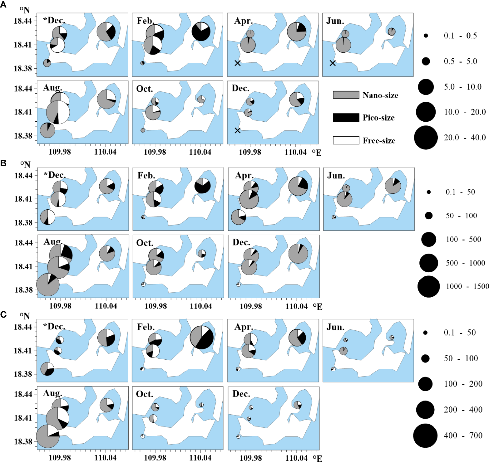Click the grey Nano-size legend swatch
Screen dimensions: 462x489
click(x=346, y=95)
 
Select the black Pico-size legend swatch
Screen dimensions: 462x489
click(x=346, y=118)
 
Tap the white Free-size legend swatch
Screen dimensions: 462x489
click(x=346, y=140)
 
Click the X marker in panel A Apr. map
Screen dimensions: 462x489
click(x=238, y=63)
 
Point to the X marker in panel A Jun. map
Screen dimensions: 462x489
click(x=333, y=63)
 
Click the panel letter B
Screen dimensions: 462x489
click(x=3, y=163)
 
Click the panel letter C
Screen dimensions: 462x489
click(x=3, y=314)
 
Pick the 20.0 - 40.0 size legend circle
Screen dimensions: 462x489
click(x=426, y=138)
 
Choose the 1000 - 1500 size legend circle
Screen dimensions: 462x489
click(x=429, y=286)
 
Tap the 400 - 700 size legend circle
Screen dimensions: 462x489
click(x=425, y=435)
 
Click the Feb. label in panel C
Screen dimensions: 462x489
click(x=146, y=327)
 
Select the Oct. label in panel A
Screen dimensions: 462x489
click(x=145, y=89)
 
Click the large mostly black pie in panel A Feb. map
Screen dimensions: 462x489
click(x=201, y=31)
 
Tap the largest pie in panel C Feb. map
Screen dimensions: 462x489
click(x=202, y=338)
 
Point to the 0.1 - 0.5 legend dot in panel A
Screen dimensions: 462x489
click(x=426, y=36)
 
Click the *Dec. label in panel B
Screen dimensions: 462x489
click(x=55, y=175)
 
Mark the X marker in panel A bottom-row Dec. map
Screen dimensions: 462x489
click(x=238, y=130)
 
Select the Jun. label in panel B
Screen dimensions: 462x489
click(x=336, y=176)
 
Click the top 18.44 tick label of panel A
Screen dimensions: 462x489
click(x=23, y=21)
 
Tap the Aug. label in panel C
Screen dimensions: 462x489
click(x=52, y=393)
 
